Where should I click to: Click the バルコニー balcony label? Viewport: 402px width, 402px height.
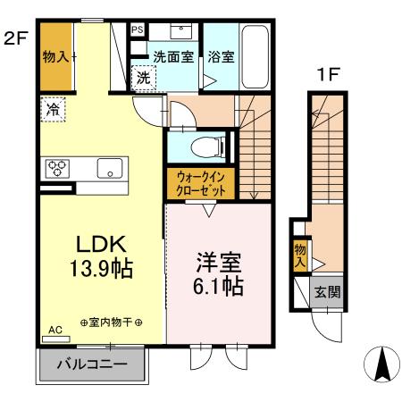point(92,364)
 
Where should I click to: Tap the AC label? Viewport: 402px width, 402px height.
point(54,330)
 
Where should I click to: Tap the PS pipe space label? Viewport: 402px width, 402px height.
point(138,29)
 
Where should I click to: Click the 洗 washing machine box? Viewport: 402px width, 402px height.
point(143,78)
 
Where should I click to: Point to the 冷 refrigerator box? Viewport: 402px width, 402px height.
point(54,111)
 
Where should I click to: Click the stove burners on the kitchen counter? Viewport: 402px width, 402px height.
point(57,167)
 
